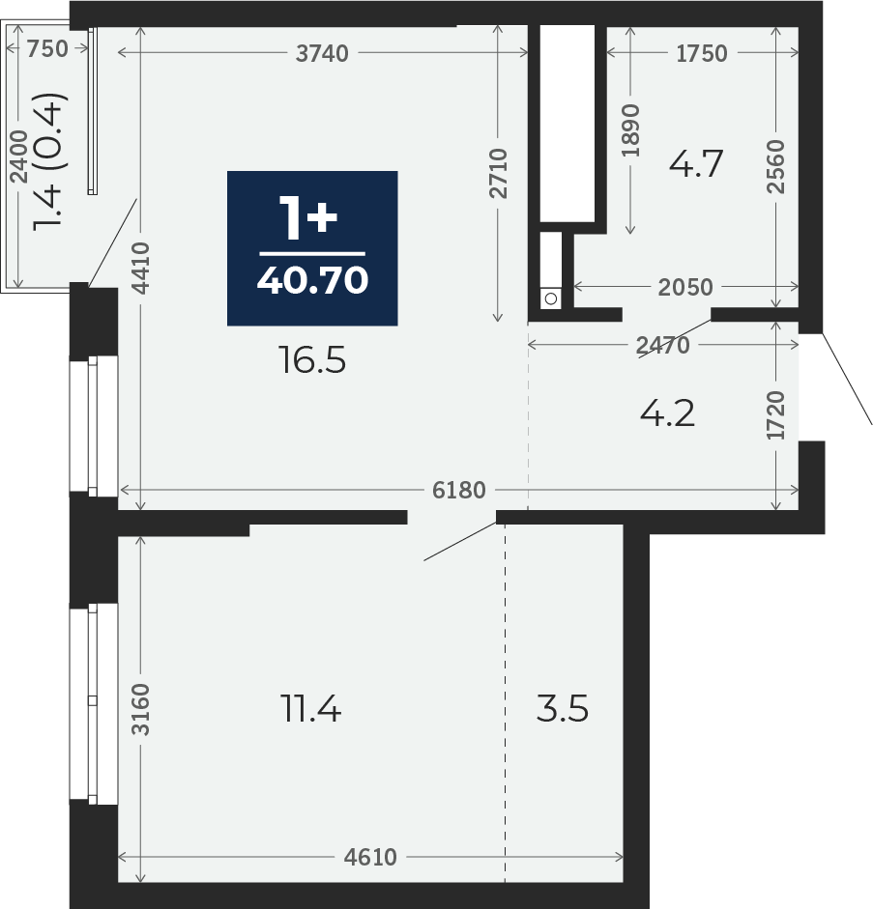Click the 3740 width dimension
[322, 53]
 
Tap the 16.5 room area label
[312, 360]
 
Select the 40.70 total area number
[312, 280]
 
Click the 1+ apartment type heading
[308, 217]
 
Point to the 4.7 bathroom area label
[695, 163]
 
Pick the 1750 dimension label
[702, 53]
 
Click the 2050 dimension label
[685, 287]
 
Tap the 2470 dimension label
[663, 346]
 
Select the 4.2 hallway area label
[667, 413]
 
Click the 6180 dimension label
[459, 491]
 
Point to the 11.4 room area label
[310, 708]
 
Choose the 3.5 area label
[562, 708]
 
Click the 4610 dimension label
[370, 857]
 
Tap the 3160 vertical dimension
[140, 710]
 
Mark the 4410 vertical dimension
[140, 268]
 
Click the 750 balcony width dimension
[47, 48]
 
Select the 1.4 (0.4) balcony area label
[51, 162]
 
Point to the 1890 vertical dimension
[630, 130]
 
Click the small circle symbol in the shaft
[551, 298]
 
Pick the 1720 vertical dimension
[775, 415]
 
